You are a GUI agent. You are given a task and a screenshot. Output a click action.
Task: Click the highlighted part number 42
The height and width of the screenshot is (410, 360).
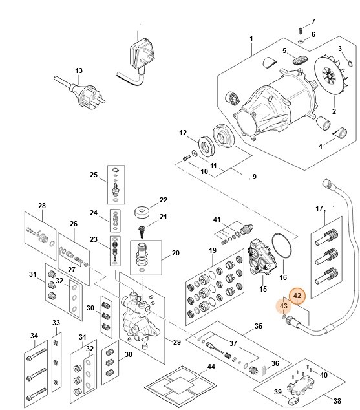point(297,296)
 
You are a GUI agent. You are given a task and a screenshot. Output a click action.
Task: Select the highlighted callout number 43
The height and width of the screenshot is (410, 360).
point(284,305)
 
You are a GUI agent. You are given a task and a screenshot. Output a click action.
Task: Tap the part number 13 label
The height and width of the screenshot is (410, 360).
point(79,70)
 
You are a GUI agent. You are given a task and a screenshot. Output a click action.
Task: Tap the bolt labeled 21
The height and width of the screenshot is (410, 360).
point(140,230)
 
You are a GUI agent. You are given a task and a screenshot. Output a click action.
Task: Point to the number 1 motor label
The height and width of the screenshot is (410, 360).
point(251,38)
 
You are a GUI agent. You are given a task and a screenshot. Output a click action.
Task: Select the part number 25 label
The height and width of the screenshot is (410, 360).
point(93,175)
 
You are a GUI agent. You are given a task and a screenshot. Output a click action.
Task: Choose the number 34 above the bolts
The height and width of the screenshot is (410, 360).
point(34,335)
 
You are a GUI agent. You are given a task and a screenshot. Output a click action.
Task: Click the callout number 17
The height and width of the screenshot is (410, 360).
point(319,208)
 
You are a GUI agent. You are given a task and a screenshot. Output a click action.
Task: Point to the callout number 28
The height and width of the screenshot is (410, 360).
point(42,206)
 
